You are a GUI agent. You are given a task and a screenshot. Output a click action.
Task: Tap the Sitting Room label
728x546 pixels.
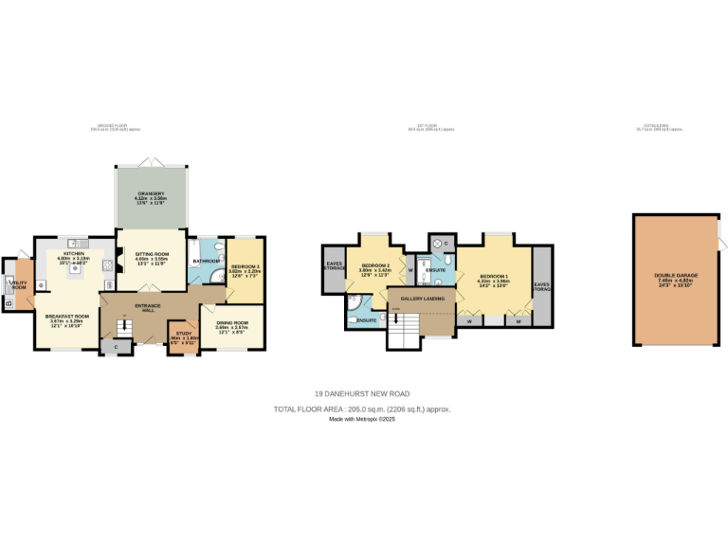tap(151, 254)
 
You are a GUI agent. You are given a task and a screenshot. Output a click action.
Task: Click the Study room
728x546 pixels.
tap(183, 337)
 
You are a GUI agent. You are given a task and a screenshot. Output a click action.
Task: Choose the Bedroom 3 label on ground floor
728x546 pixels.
tap(246, 267)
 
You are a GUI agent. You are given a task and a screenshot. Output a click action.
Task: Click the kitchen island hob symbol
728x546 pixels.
tap(72, 269)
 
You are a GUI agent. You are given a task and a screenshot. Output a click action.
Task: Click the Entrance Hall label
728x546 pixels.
tap(148, 308)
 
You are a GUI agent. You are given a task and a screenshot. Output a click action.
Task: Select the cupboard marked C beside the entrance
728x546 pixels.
tap(117, 347)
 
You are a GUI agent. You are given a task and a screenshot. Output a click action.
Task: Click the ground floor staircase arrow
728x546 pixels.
tap(121, 328)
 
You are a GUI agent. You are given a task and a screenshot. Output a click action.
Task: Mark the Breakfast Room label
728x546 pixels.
tap(71, 318)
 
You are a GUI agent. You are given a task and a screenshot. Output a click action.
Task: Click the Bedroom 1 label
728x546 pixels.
tap(494, 276)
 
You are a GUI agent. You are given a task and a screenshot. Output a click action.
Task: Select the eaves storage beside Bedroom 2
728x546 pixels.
tap(334, 265)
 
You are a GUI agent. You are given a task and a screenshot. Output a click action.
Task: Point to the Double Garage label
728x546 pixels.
tap(677, 278)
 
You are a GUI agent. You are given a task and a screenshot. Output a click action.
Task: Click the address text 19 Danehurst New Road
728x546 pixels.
tap(362, 393)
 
